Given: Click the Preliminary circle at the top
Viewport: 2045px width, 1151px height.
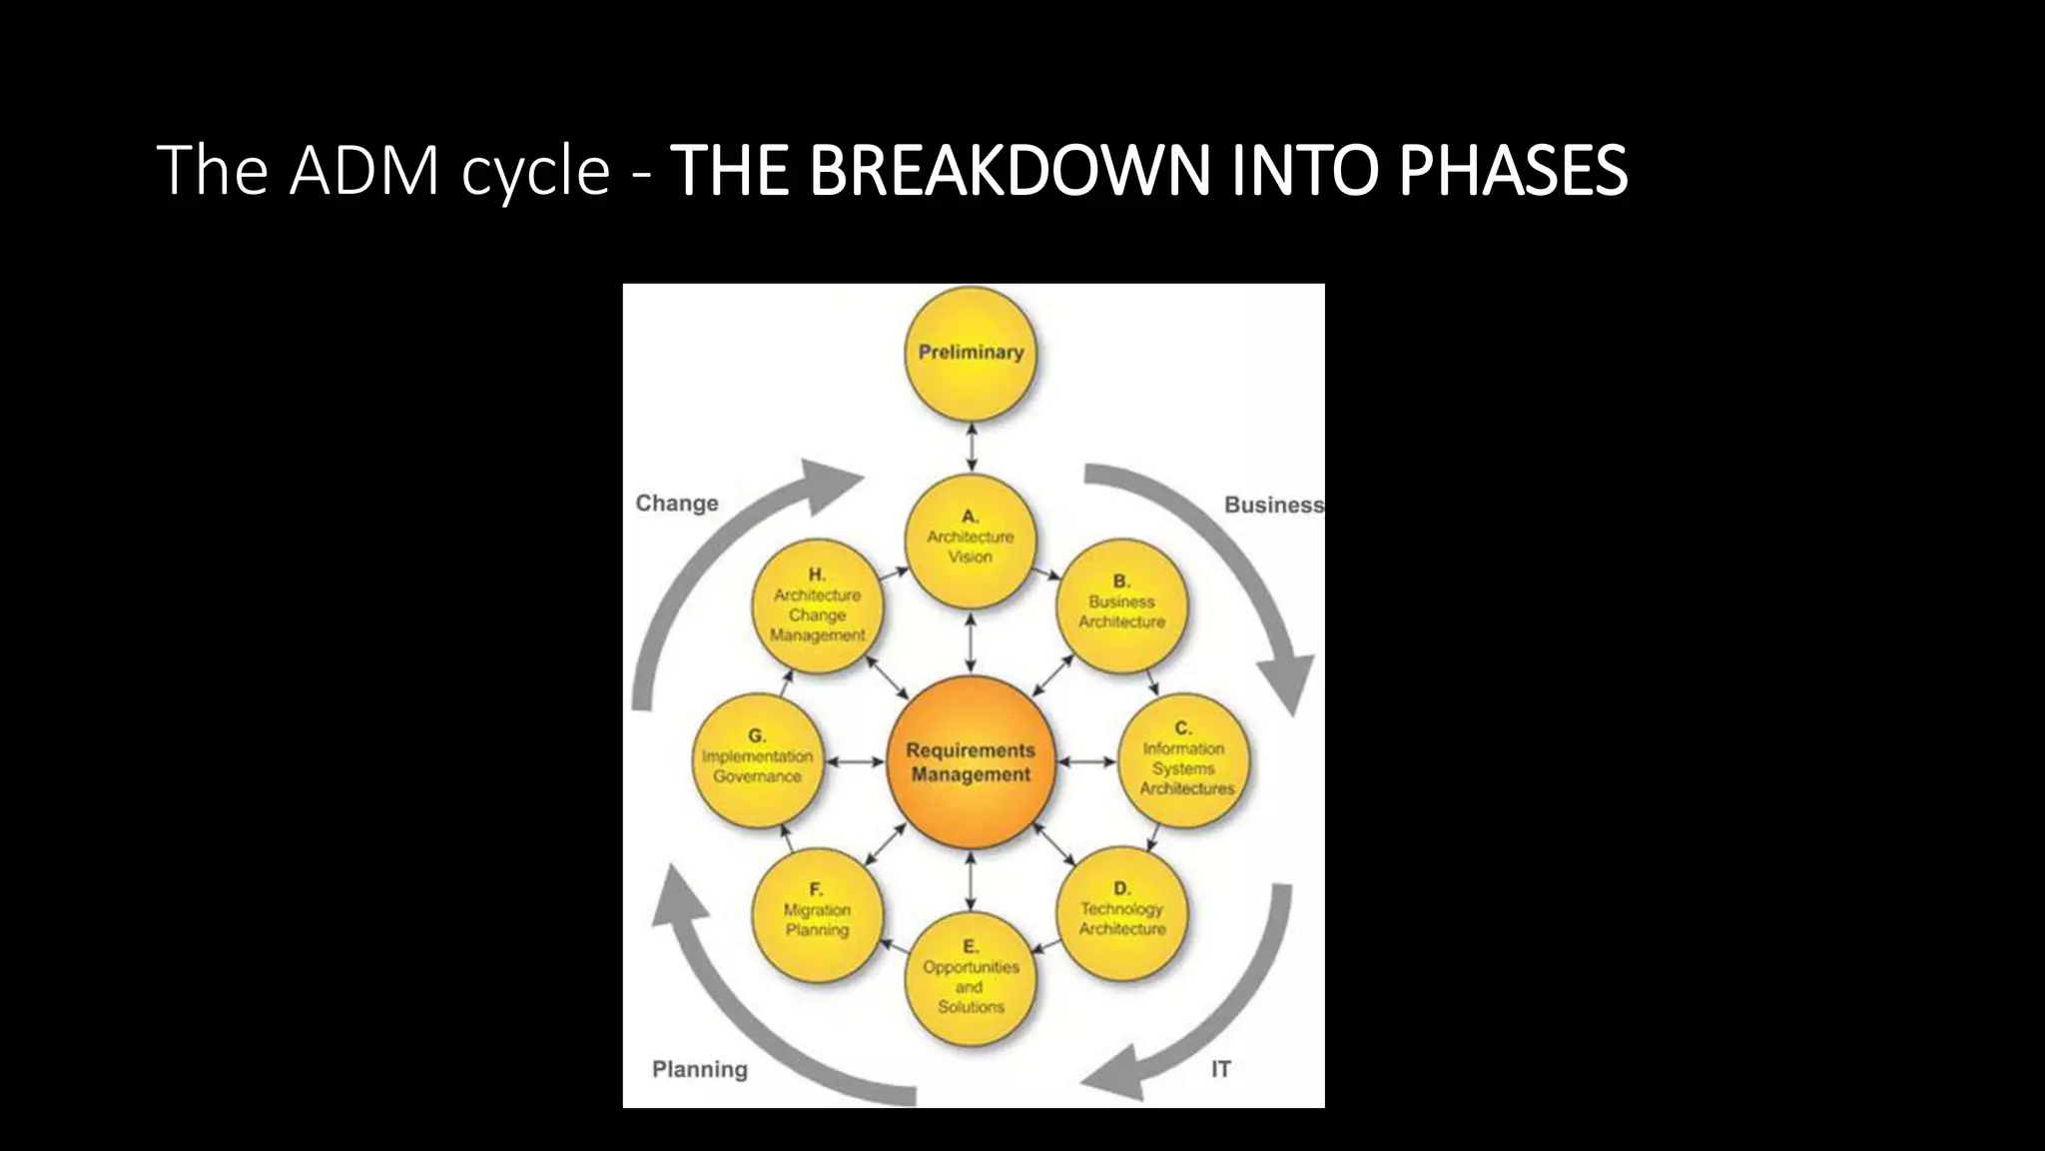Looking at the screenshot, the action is point(970,352).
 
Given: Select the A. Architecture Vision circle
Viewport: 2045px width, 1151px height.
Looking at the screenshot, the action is point(970,540).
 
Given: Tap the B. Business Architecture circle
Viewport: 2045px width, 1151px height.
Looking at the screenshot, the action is point(1121,603).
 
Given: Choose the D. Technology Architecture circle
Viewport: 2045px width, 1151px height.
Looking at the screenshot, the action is point(1121,911).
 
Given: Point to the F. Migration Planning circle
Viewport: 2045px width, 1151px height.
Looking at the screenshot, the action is point(817,913).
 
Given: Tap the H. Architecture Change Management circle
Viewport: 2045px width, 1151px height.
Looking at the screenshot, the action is point(817,607).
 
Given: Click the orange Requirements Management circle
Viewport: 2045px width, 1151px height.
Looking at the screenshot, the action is point(970,761).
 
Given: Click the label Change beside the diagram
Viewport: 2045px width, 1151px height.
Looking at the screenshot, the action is point(677,504).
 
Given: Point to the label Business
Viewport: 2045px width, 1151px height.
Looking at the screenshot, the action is point(1273,506).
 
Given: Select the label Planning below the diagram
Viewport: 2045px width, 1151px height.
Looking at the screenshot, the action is point(699,1069).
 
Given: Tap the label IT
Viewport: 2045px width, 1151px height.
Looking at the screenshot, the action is point(1220,1069).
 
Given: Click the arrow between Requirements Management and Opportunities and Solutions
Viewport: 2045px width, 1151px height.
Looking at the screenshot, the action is point(971,879).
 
